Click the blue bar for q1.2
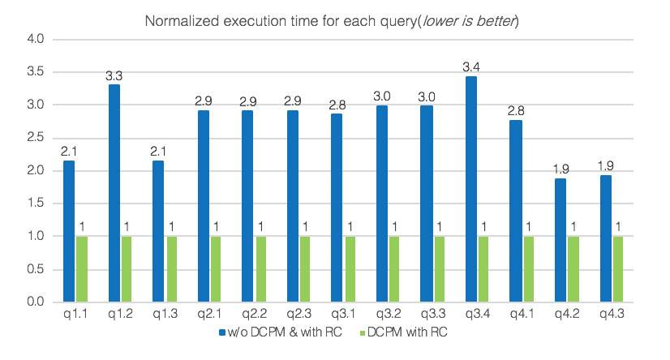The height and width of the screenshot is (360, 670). [x=114, y=193]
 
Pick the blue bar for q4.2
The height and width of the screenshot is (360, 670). [x=560, y=240]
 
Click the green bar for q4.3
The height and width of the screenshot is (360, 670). [x=619, y=269]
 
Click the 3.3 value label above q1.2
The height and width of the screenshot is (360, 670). [x=114, y=76]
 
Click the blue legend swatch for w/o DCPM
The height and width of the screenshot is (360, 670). [x=221, y=332]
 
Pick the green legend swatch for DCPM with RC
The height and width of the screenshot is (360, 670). [x=363, y=332]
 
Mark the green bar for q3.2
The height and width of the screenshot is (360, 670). [x=394, y=269]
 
